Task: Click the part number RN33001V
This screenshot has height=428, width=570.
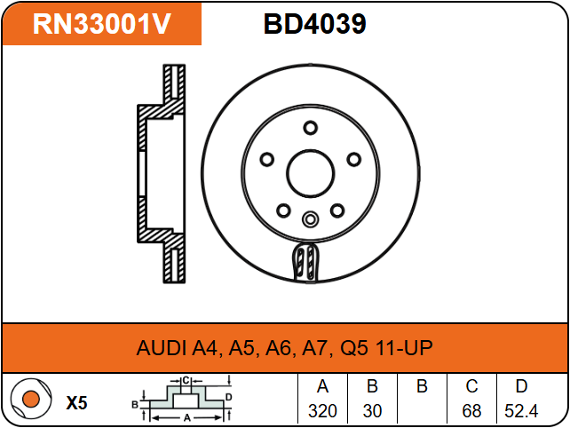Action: (x=102, y=24)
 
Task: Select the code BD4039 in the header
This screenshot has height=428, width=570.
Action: (x=315, y=24)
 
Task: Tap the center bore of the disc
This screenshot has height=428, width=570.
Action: (x=310, y=173)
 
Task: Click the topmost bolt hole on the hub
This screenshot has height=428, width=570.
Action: (x=310, y=128)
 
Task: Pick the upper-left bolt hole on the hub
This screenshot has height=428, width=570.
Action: (x=267, y=159)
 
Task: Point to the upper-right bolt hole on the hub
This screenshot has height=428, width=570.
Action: (x=353, y=159)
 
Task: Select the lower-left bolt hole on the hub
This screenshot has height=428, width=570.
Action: (x=283, y=210)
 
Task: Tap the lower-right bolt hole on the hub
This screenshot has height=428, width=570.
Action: (x=337, y=210)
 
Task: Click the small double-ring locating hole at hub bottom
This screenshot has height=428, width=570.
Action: (x=311, y=219)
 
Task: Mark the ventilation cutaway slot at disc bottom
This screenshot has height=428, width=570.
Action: (x=305, y=261)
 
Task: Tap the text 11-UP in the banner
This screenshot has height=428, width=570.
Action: (x=403, y=347)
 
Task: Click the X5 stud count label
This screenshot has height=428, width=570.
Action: (x=76, y=403)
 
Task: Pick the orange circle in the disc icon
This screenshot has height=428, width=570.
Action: (x=30, y=399)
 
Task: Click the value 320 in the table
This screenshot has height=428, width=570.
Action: (x=322, y=411)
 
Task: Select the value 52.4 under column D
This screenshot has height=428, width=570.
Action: (x=521, y=411)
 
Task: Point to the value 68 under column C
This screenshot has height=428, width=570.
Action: (x=471, y=411)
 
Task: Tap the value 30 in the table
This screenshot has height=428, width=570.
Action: (x=372, y=411)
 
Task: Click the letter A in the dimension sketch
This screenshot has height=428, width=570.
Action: (x=186, y=418)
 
